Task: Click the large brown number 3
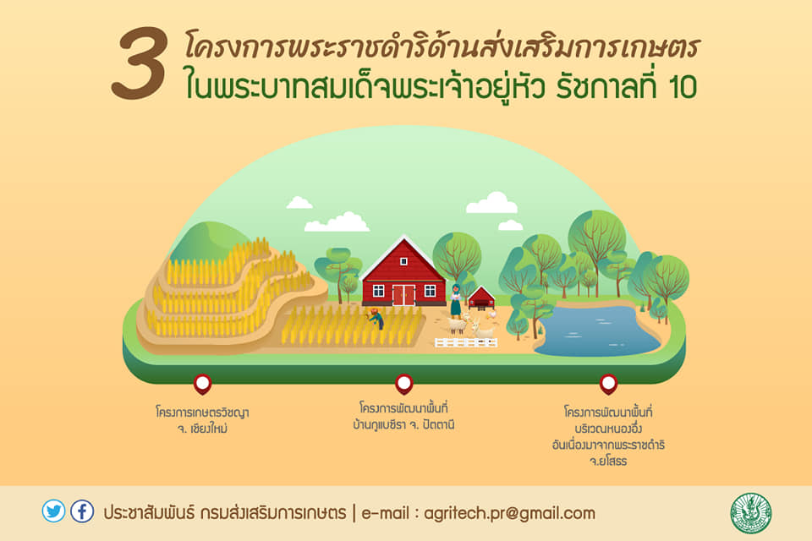[140, 63]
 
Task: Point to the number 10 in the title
[683, 88]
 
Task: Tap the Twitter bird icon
[54, 511]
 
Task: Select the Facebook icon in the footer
[82, 511]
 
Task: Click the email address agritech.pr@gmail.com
[509, 514]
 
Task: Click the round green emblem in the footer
[750, 513]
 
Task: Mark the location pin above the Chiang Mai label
[202, 384]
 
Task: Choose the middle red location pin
[404, 384]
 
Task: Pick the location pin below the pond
[608, 384]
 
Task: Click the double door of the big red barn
[403, 295]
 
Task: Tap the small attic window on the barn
[403, 261]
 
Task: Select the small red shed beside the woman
[481, 298]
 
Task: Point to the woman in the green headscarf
[456, 301]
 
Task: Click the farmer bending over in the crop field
[376, 319]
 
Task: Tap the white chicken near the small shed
[492, 314]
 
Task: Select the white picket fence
[466, 342]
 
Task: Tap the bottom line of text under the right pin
[608, 462]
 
